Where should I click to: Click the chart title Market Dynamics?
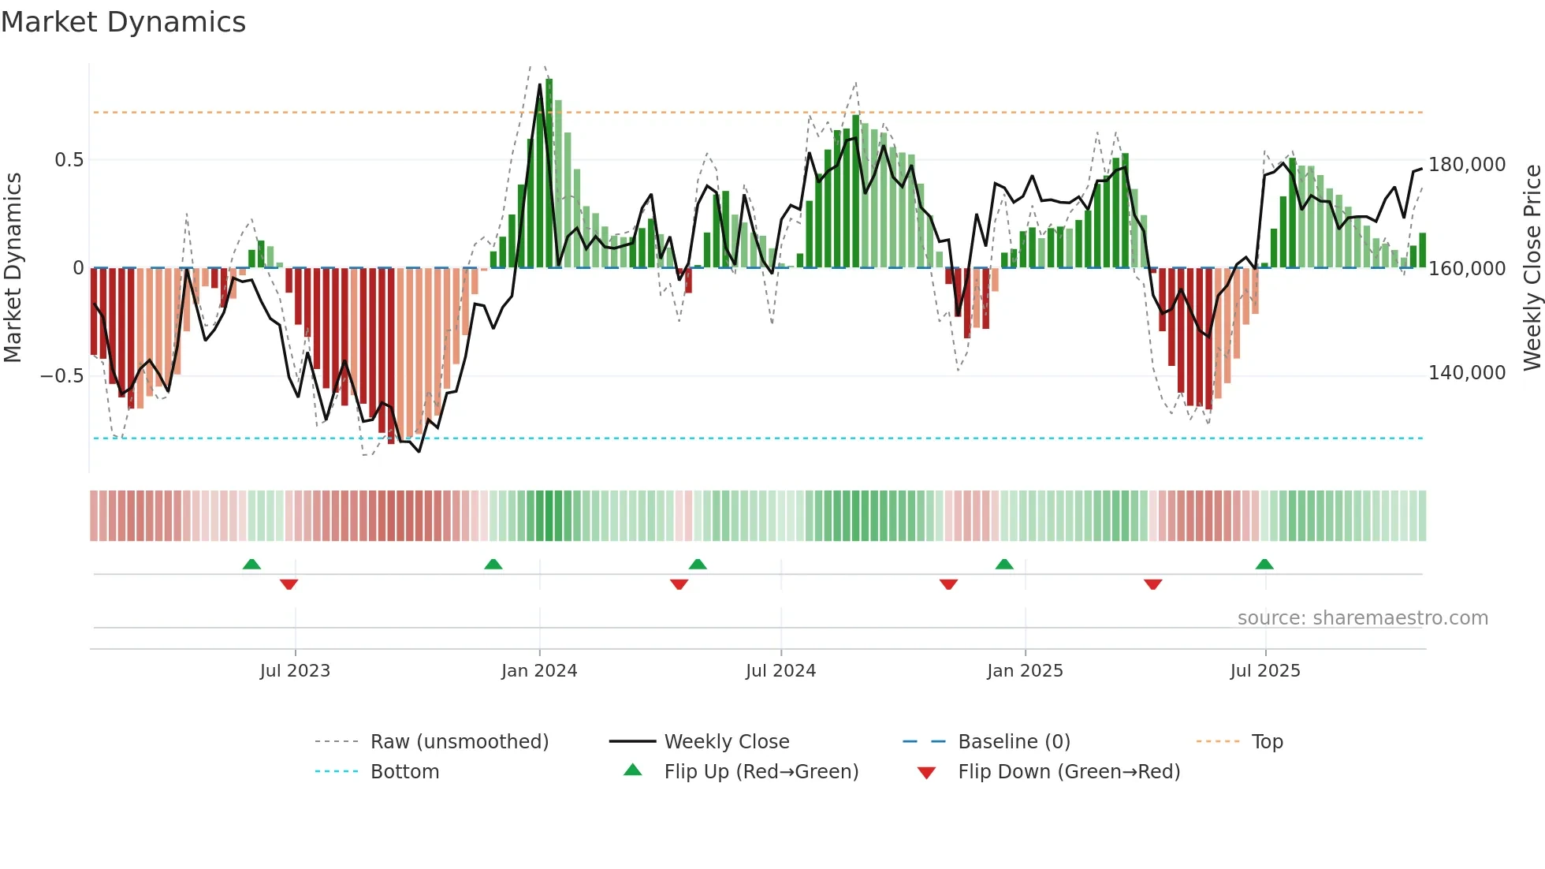(x=123, y=22)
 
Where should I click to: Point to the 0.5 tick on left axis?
(x=69, y=160)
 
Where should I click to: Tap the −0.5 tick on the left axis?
(x=62, y=376)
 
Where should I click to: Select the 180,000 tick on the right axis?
(x=1467, y=165)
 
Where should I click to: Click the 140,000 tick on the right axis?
(x=1467, y=373)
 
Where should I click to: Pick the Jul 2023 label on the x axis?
(x=295, y=671)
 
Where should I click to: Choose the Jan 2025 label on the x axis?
(x=1025, y=671)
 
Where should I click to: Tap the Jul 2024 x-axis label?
(x=780, y=671)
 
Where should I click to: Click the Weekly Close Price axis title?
(x=1532, y=267)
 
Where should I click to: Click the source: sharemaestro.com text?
(x=1362, y=618)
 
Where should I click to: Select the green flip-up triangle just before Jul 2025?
(x=1264, y=564)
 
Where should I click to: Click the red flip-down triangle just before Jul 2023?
(x=289, y=584)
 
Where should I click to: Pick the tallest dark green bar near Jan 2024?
(x=549, y=173)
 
